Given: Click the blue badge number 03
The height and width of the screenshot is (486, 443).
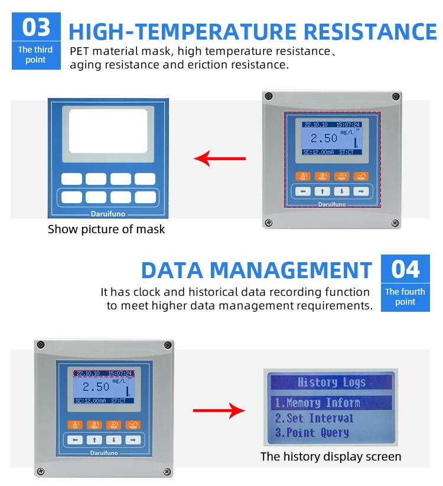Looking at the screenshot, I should pos(36,28).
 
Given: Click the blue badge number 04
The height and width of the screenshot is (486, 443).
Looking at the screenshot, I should pos(405,269).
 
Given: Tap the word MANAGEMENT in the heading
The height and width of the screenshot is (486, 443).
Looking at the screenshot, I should pos(291,270).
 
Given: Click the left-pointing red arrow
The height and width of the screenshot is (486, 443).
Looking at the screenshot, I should pos(220,158).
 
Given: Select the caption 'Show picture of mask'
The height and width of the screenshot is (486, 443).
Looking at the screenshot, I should pos(106,229).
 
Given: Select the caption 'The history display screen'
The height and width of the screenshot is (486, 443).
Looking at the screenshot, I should pos(331,456).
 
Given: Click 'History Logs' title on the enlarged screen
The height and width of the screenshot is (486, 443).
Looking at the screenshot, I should pos(331,382).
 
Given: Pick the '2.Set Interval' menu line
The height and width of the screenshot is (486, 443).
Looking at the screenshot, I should pos(314,418).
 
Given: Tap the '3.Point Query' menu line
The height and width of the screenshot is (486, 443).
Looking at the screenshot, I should pos(311,433).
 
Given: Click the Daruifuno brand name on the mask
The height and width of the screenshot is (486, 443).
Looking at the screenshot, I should pos(108,213).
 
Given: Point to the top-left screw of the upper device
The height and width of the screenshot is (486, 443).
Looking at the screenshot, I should pos(269,96).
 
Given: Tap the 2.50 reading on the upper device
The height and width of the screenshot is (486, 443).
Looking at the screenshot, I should pos(324,138).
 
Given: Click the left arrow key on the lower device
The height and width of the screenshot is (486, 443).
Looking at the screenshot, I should pos(75,439).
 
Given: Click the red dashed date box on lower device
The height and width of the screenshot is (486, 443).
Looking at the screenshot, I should pos(104,373).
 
